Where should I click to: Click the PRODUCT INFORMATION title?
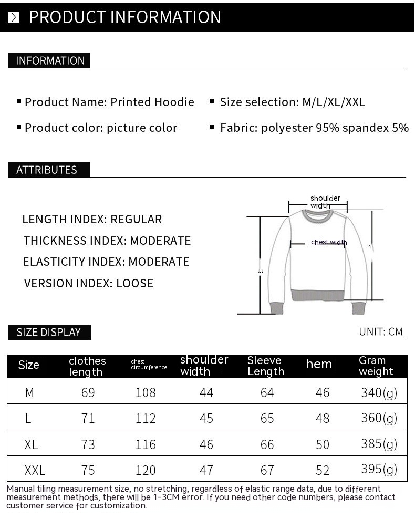point(124,17)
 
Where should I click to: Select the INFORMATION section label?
point(50,60)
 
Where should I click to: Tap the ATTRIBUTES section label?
point(47,170)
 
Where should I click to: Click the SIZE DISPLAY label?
point(48,332)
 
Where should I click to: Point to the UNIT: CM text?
point(381,331)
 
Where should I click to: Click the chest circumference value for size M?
point(146,392)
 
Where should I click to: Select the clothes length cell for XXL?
point(88,470)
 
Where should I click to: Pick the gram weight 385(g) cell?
point(379,443)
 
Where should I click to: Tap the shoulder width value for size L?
point(206,418)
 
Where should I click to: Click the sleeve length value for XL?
point(267,444)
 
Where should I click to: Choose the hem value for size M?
point(323,392)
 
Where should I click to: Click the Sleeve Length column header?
point(265,366)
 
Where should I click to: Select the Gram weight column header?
point(376,366)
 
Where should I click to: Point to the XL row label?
point(31,444)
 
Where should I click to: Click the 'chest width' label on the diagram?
point(329,242)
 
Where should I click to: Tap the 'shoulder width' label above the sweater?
point(325,202)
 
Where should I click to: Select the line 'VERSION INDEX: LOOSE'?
point(89,283)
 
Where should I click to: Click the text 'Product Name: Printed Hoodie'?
point(109,102)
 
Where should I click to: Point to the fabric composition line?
point(314,128)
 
